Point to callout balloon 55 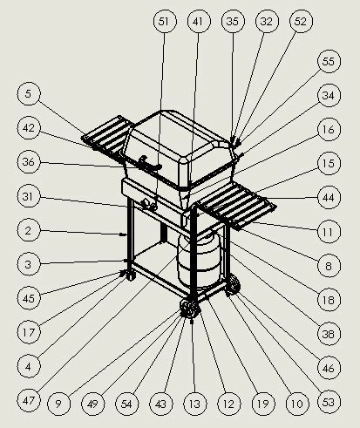tap(328, 63)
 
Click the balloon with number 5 tap(29, 94)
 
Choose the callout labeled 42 tap(29, 128)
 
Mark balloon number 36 tap(29, 162)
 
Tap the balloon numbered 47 tap(29, 400)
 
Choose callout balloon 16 tap(328, 128)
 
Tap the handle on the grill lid tap(150, 166)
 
